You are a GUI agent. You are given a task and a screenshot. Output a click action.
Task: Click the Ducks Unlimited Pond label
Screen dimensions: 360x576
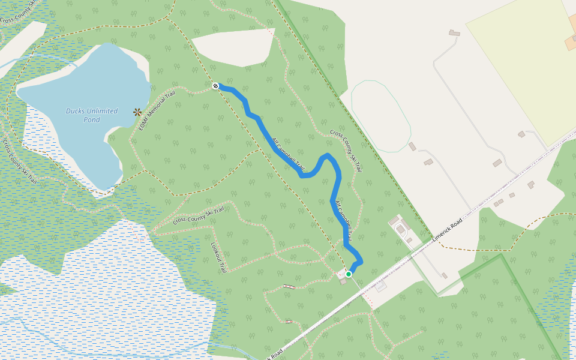click(x=83, y=115)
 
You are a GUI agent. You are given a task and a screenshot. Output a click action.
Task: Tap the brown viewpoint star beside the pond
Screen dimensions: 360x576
click(x=137, y=112)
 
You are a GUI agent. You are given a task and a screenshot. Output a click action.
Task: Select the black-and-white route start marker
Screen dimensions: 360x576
click(x=215, y=86)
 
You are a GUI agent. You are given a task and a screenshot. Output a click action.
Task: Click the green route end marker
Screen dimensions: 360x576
click(x=349, y=274)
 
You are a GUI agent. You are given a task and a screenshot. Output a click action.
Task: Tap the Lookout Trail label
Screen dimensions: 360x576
click(x=218, y=256)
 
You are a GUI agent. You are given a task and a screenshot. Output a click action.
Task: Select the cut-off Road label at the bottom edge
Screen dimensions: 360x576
click(x=274, y=354)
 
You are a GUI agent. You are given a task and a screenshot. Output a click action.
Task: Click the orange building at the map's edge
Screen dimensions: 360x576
click(x=571, y=41)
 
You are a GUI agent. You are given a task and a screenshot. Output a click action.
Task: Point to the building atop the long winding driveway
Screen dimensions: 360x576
click(x=454, y=33)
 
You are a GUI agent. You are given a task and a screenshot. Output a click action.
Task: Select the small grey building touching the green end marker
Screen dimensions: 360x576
click(x=343, y=281)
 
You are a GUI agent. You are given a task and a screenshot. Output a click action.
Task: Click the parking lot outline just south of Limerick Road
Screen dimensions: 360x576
click(x=381, y=286)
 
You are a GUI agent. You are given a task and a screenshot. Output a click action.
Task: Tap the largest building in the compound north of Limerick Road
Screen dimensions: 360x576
click(x=400, y=229)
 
